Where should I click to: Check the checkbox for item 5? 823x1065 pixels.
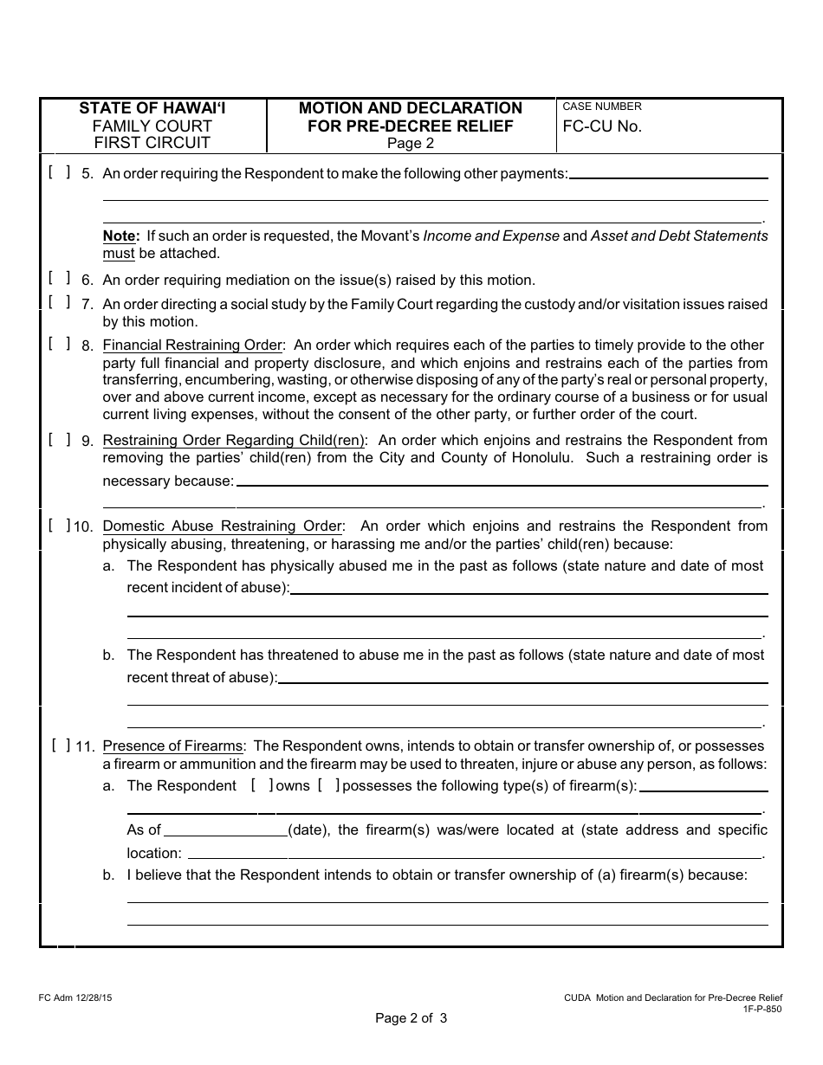click(x=60, y=171)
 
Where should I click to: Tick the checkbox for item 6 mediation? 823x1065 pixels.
click(x=60, y=278)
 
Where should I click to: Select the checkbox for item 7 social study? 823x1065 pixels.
click(x=60, y=301)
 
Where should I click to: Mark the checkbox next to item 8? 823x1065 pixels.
click(x=60, y=343)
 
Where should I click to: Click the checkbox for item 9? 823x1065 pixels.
click(x=60, y=439)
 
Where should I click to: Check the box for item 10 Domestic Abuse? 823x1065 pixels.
click(x=60, y=525)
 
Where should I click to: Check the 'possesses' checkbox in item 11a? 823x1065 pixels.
click(x=328, y=785)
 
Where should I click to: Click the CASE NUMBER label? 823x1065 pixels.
click(x=602, y=106)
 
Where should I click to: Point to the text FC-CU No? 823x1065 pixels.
click(x=602, y=126)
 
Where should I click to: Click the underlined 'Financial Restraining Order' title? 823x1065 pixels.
click(x=192, y=345)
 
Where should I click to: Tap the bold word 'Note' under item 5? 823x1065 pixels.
click(x=120, y=236)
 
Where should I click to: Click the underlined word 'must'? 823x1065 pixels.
click(x=119, y=254)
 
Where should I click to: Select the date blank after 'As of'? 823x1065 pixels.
click(x=225, y=829)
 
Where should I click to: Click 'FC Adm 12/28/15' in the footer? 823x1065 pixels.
click(x=75, y=998)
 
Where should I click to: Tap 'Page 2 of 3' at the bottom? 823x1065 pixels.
click(x=411, y=1018)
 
